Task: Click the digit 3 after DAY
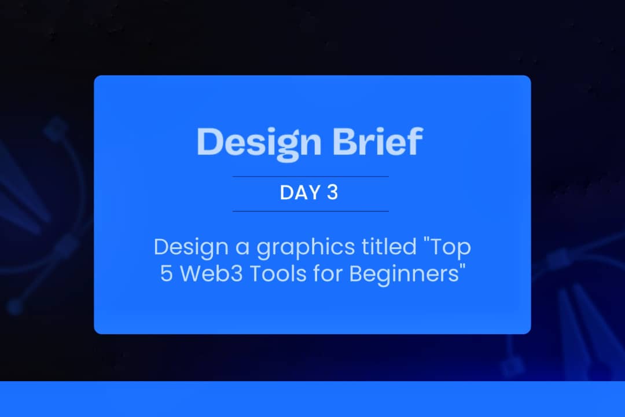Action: coord(332,193)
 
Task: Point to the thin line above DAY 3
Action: coord(310,176)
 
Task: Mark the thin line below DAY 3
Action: coord(310,211)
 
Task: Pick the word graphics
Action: coord(306,248)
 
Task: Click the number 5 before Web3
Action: coord(167,273)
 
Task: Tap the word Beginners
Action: coord(402,274)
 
